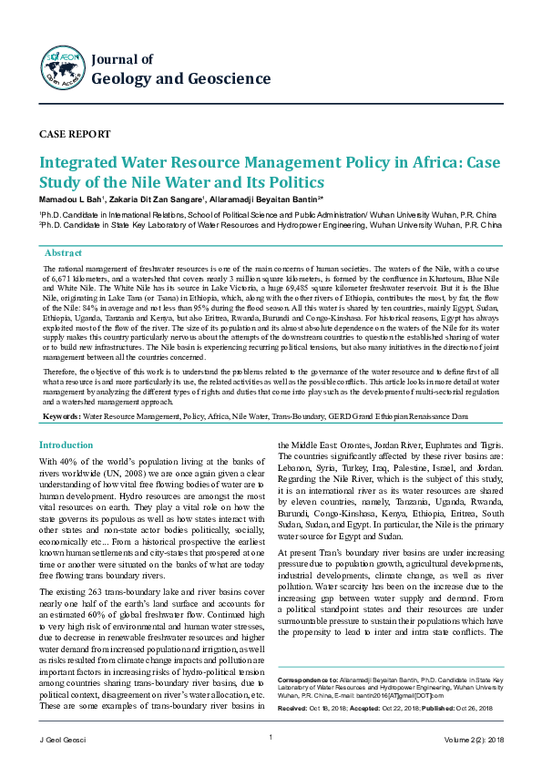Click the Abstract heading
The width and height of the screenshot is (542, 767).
63,251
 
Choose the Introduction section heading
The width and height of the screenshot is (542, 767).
66,445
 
